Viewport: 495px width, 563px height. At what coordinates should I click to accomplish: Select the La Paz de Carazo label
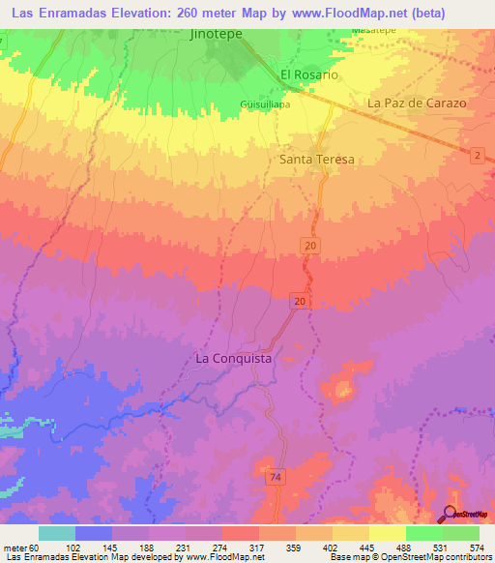point(417,103)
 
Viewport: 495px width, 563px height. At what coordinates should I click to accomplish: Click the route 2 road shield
point(477,156)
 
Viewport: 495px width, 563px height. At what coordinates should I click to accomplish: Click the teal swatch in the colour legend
point(56,533)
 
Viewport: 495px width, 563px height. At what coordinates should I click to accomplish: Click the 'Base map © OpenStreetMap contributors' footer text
point(407,556)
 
